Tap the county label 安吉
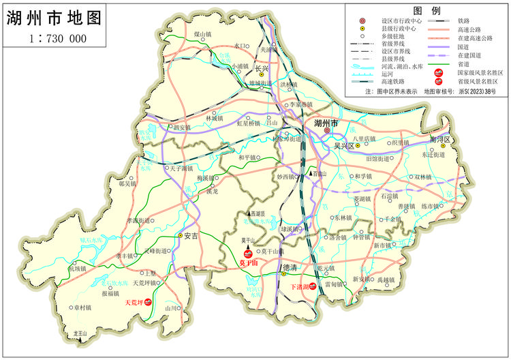[x=190, y=236]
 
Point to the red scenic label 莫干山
[x=249, y=262]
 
